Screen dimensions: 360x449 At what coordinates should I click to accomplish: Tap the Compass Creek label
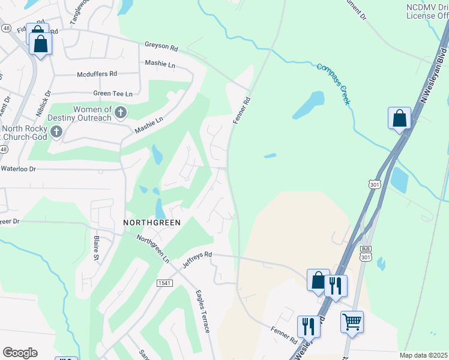[x=333, y=83]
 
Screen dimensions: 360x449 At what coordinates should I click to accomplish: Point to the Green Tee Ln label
[x=112, y=94]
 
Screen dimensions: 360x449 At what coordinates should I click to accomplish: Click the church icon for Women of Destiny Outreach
[x=121, y=112]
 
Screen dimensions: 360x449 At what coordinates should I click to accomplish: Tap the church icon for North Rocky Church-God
[x=57, y=131]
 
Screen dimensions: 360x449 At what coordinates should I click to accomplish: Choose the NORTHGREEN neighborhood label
[x=151, y=222]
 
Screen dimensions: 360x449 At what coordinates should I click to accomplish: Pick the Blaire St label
[x=96, y=247]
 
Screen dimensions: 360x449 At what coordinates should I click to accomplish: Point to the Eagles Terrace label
[x=202, y=311]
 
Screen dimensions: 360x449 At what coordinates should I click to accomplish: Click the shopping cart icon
[x=352, y=321]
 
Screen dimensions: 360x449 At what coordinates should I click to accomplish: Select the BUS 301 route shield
[x=365, y=253]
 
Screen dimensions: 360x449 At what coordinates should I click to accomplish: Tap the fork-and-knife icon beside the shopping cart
[x=309, y=326]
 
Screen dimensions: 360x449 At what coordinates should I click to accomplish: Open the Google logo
[x=20, y=353]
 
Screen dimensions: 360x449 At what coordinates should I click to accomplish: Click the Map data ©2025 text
[x=423, y=355]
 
